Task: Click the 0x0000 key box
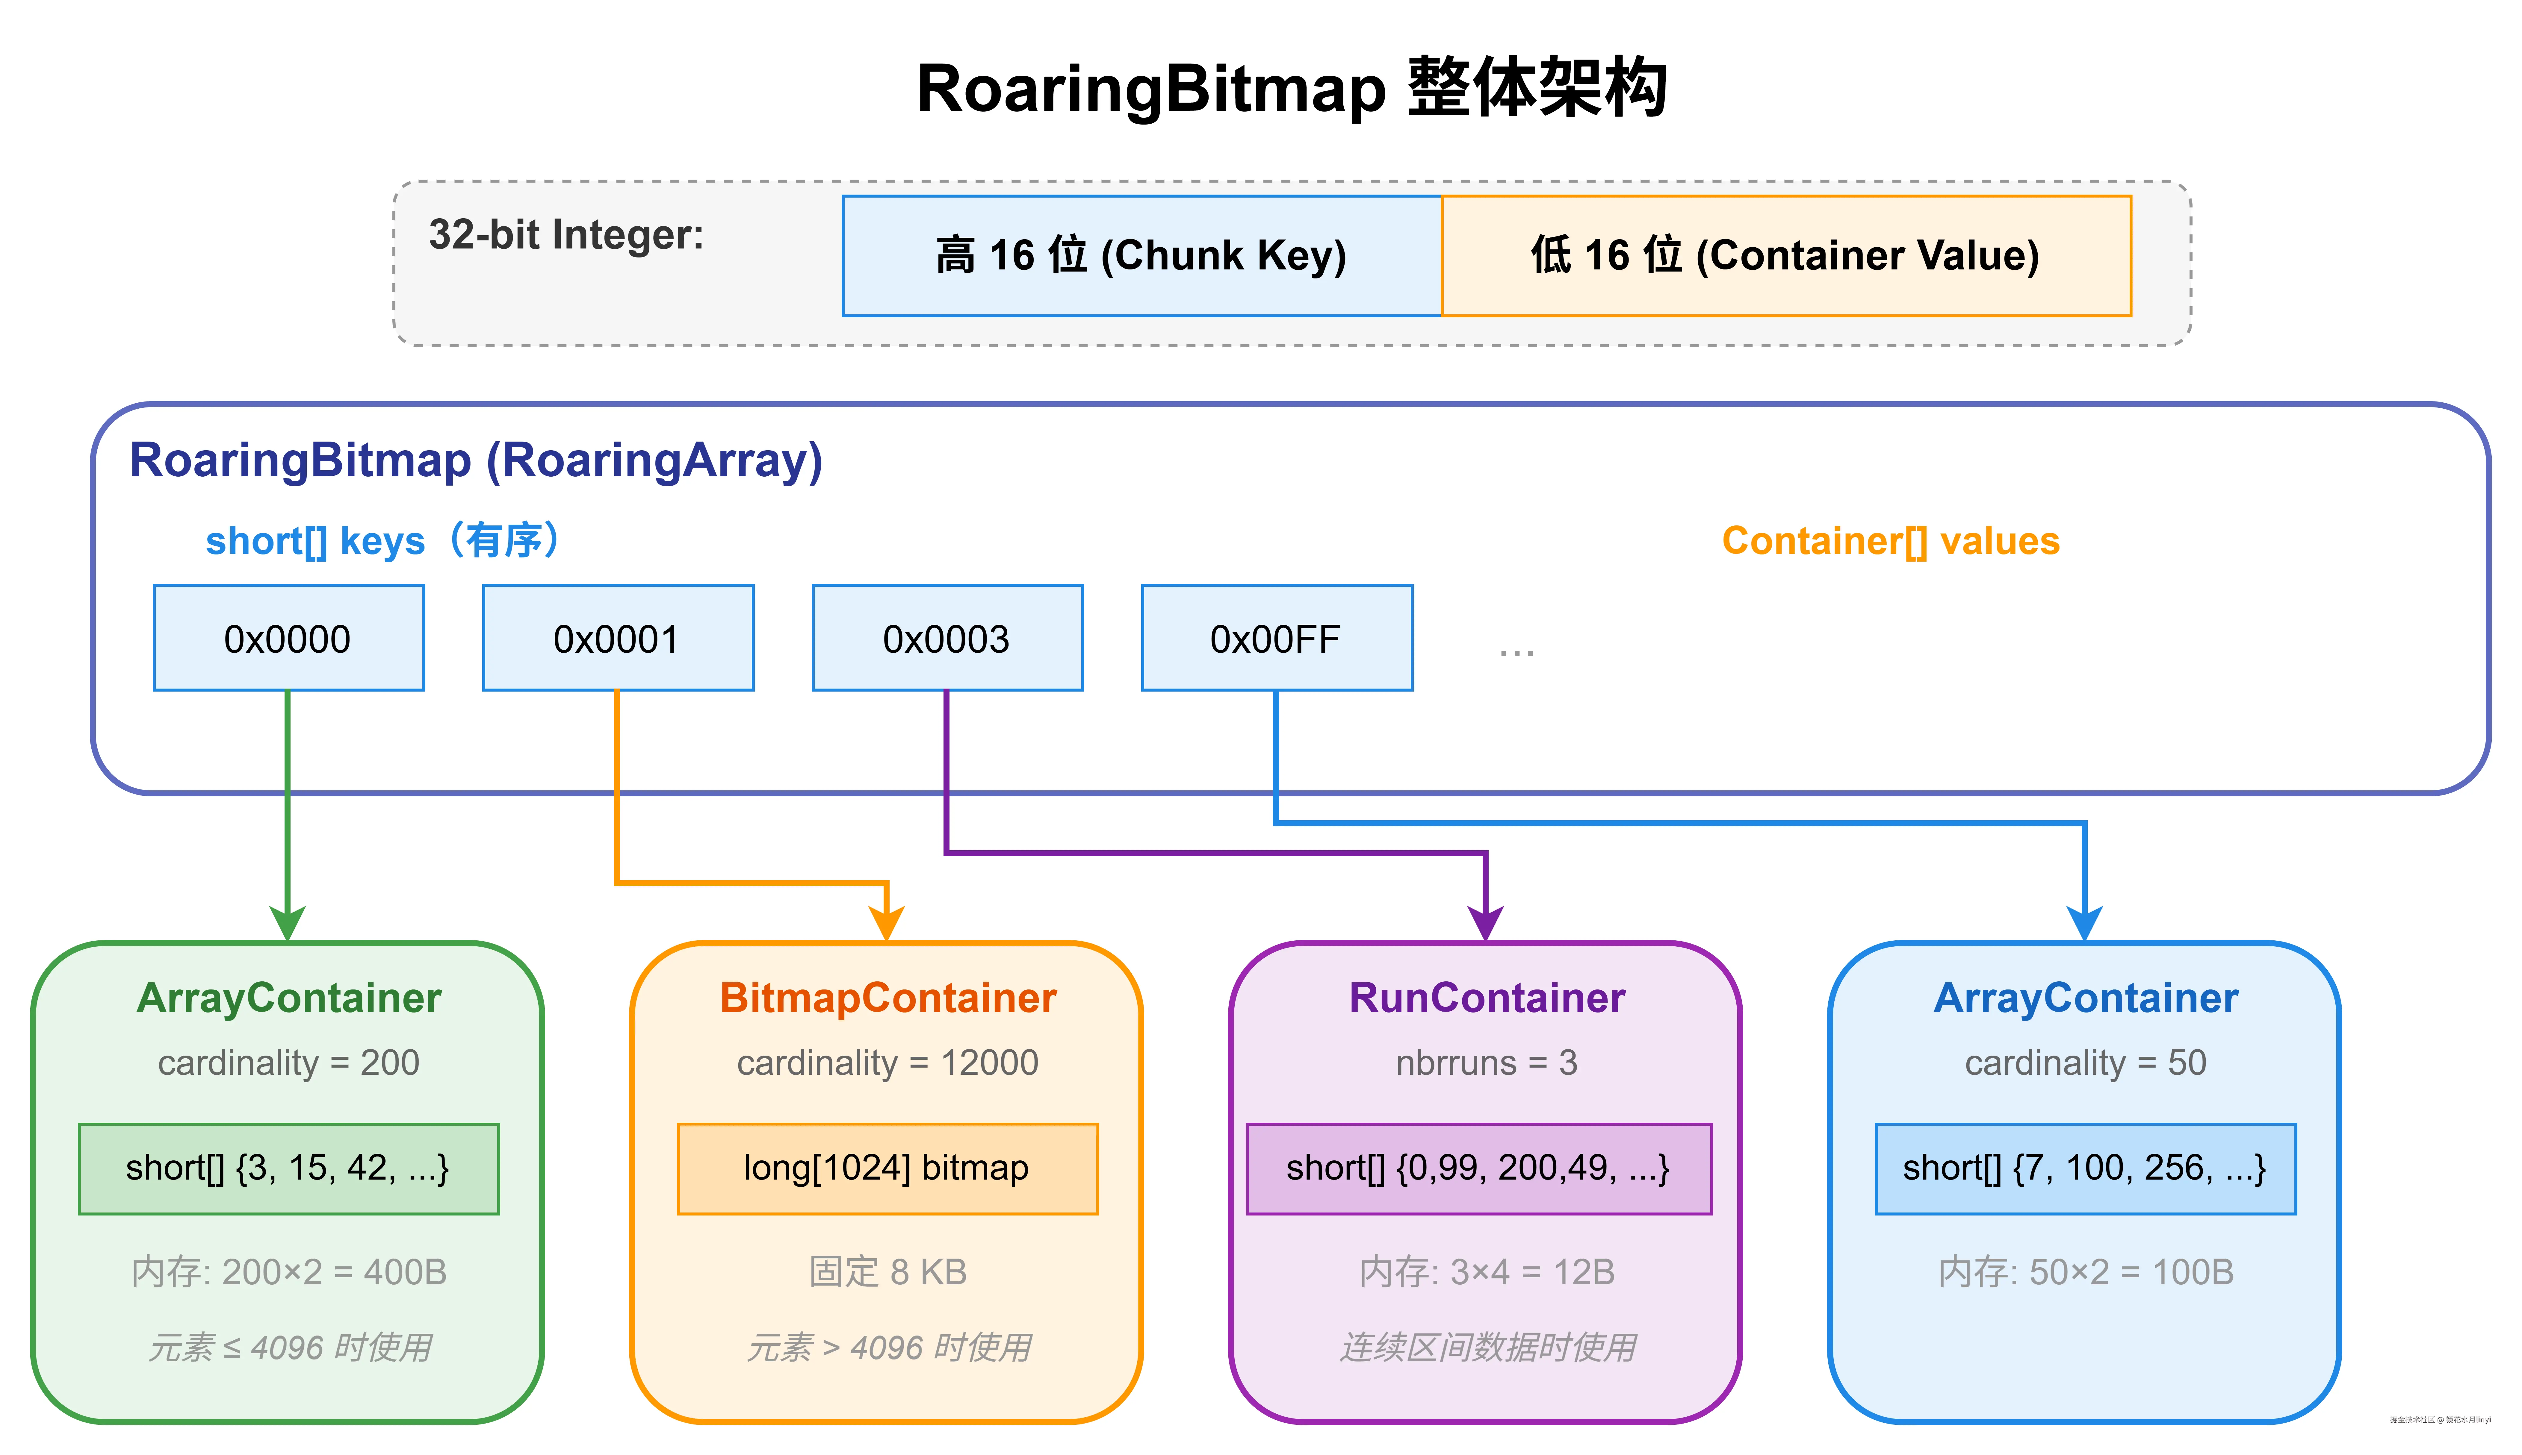point(288,638)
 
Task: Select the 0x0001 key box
point(617,638)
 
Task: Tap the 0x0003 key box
point(946,638)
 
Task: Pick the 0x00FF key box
point(1275,638)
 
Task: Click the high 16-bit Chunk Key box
point(1141,256)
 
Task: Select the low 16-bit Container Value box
point(1785,256)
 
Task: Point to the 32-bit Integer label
point(566,235)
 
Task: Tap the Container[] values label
point(1890,541)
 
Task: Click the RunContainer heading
point(1487,998)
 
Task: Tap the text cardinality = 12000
point(887,1062)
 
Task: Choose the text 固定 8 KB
point(887,1272)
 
